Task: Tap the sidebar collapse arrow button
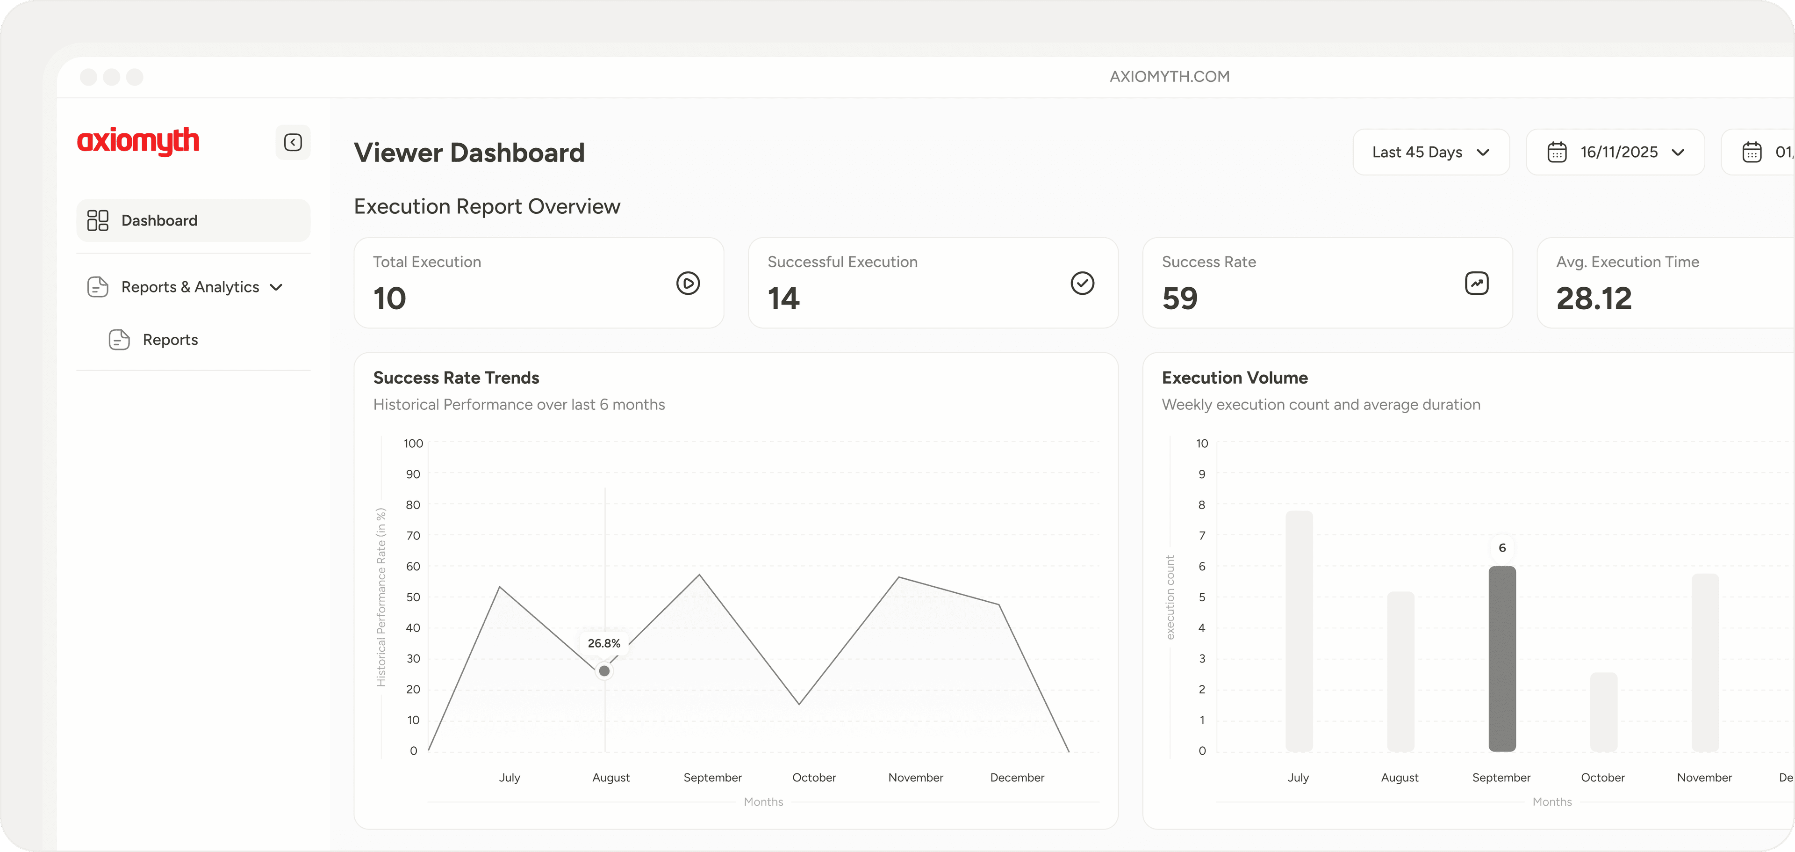(293, 142)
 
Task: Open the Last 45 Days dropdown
(1430, 152)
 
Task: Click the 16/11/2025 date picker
(1615, 152)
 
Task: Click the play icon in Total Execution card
(688, 283)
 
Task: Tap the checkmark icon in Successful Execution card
(1082, 283)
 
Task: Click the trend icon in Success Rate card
(1477, 283)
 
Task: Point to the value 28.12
(1594, 299)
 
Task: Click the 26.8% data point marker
(604, 671)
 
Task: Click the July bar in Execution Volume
(1299, 631)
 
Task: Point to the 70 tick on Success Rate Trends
(413, 535)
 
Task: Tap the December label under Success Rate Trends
(1017, 778)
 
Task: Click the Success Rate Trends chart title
(456, 378)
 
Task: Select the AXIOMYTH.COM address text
(1169, 77)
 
